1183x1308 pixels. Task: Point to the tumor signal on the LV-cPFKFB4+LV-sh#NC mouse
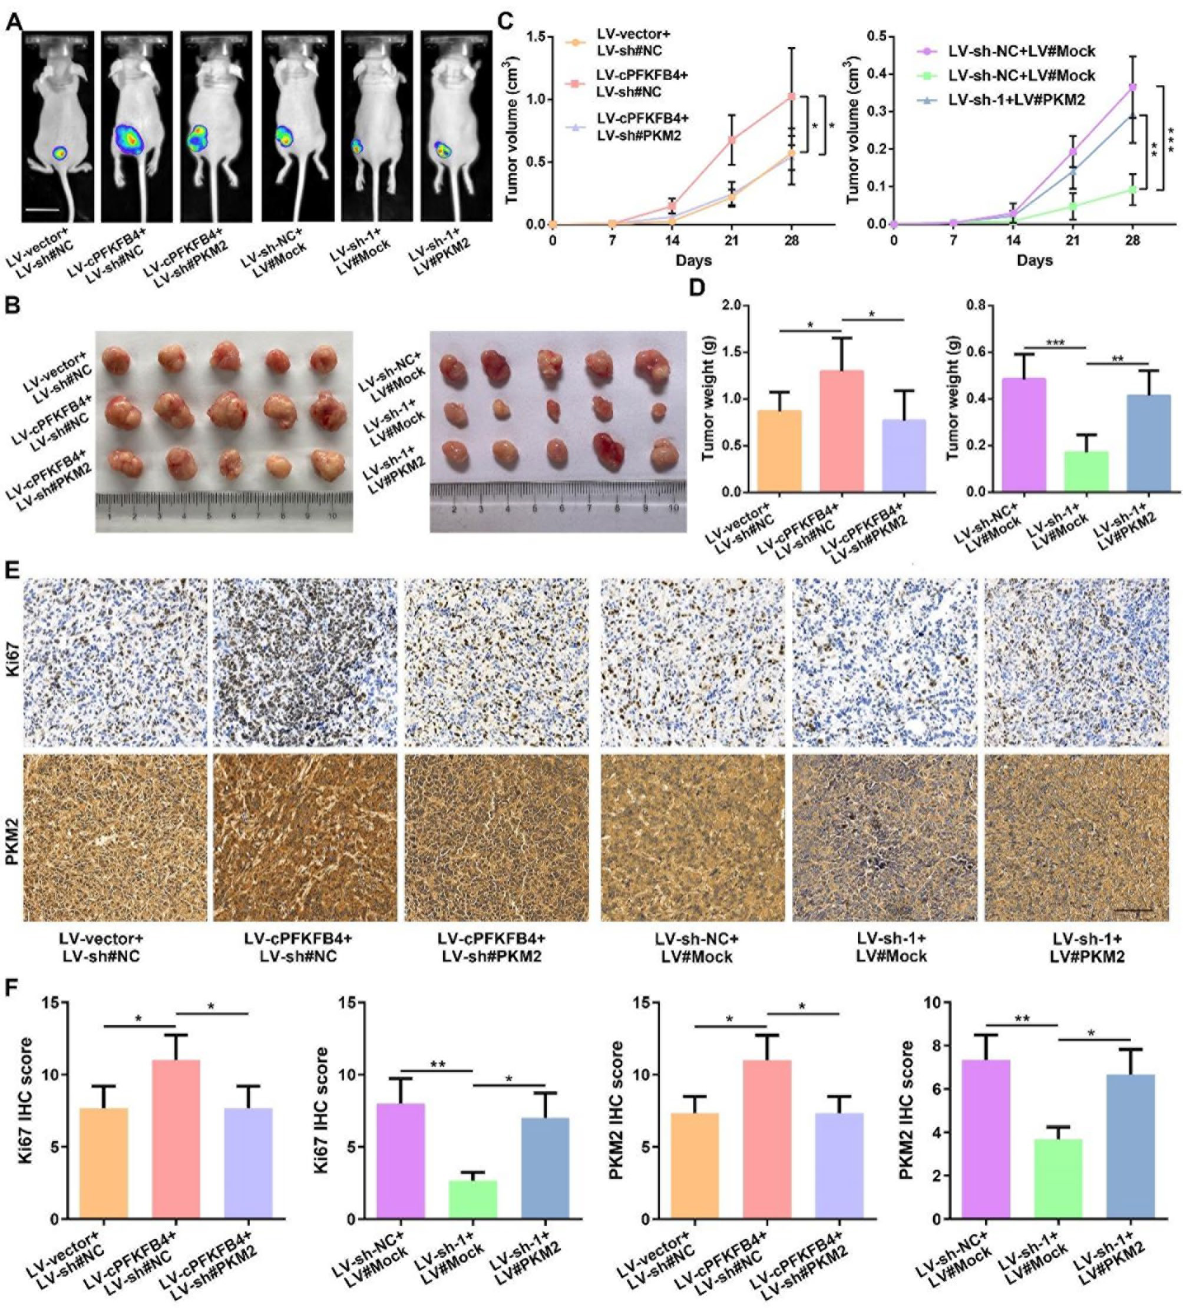[130, 140]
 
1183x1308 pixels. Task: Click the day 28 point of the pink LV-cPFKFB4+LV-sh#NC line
[791, 97]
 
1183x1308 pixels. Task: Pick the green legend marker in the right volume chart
[929, 75]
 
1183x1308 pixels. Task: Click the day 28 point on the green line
[1133, 190]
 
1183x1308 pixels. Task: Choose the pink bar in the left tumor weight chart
[842, 431]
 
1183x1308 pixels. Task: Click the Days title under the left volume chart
[693, 261]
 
